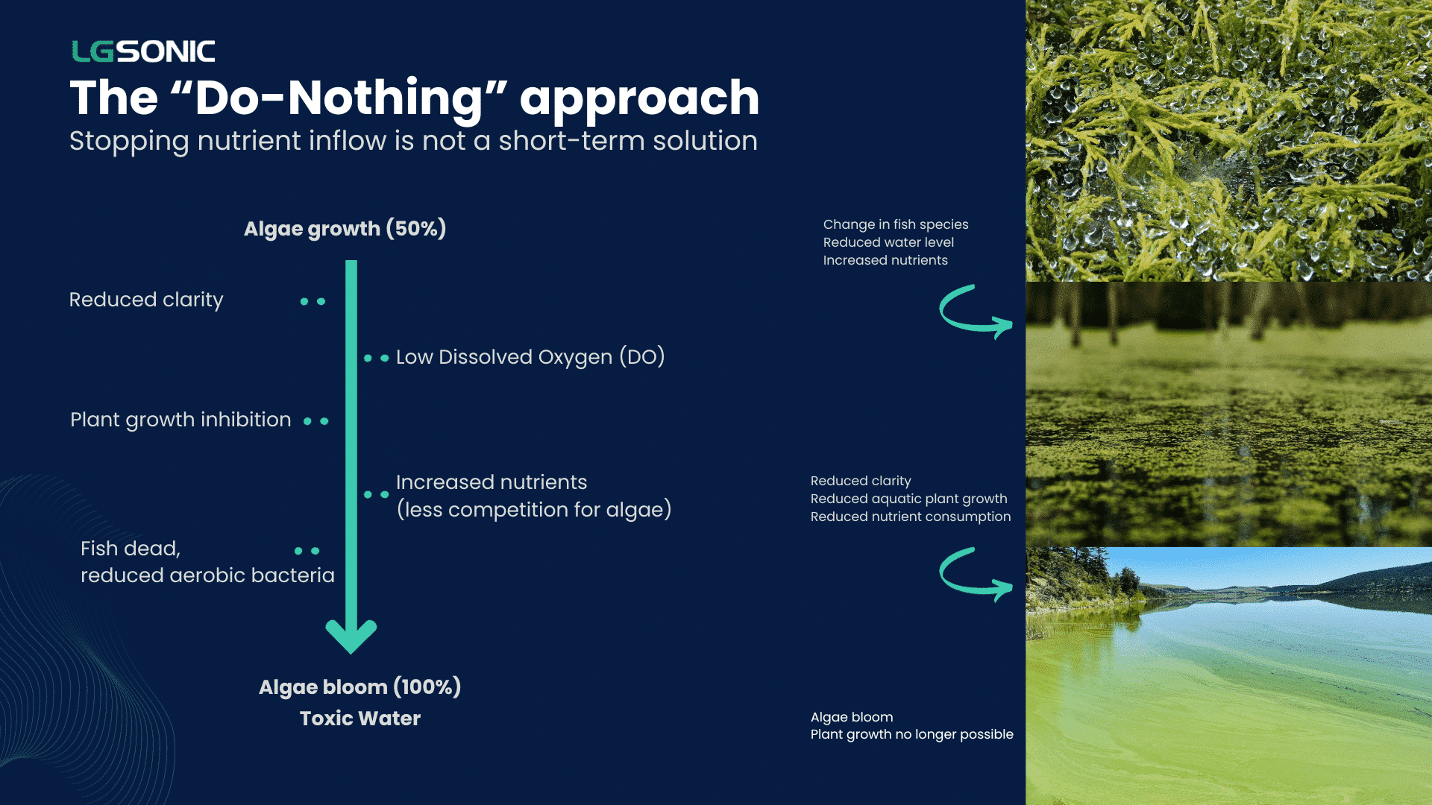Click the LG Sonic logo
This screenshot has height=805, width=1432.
coord(143,51)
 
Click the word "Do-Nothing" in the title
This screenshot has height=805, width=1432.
coord(340,98)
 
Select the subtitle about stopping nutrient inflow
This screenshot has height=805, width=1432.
coord(413,141)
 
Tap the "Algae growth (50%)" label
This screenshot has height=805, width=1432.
coord(345,229)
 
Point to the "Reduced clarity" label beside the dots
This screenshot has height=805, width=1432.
coord(146,300)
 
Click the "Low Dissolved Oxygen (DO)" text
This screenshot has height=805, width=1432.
coord(530,357)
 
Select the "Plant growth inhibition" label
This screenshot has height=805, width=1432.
coord(180,420)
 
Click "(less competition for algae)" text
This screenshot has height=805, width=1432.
coord(534,510)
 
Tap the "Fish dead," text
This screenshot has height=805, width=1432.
coord(131,549)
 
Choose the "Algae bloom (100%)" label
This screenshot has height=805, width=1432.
coord(359,687)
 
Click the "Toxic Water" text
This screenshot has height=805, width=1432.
coord(360,719)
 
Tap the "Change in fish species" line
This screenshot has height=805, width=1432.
coord(896,224)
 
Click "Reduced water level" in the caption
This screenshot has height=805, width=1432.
coord(888,242)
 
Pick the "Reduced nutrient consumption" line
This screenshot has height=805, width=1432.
coord(911,517)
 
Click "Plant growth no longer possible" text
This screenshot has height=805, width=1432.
coord(912,734)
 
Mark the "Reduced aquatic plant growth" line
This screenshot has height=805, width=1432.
coord(909,499)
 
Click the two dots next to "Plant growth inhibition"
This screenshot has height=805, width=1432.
coord(315,421)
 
